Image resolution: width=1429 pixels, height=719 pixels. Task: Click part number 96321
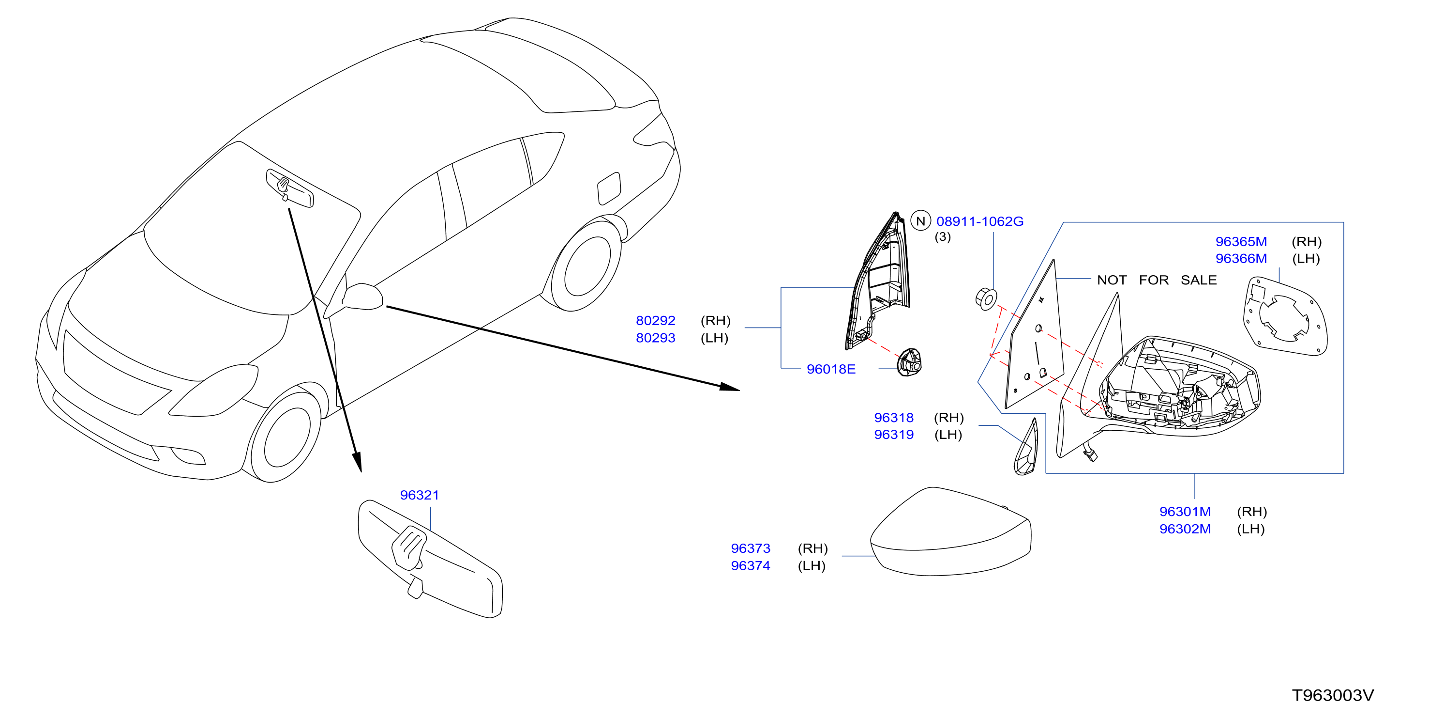coord(420,495)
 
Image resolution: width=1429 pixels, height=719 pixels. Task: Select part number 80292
coord(655,320)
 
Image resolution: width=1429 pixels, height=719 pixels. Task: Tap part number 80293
coord(655,338)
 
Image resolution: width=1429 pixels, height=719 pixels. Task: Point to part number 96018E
coord(830,369)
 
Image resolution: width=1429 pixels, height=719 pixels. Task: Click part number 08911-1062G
coord(979,221)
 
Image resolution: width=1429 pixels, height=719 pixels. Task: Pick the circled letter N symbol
coord(921,221)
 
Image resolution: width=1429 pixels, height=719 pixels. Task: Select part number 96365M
coord(1241,241)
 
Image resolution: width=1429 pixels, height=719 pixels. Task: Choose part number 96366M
coord(1241,258)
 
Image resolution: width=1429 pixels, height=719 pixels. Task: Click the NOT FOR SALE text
coord(1157,280)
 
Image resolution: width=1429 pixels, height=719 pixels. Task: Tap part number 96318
coord(894,418)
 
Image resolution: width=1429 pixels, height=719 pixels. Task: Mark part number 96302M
coord(1185,529)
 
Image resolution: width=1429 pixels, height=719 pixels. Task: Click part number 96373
coord(751,548)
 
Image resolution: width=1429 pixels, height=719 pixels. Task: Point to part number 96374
coord(751,566)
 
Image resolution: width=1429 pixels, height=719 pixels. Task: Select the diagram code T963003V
coord(1333,695)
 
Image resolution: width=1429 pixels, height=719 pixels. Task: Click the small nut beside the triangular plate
coord(986,299)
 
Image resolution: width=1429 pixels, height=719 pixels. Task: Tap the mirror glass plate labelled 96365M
coord(1285,316)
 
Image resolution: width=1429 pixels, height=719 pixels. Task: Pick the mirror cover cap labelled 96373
coord(950,531)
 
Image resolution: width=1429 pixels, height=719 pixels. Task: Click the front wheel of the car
coord(285,434)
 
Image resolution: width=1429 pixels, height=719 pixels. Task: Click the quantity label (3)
coord(943,237)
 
